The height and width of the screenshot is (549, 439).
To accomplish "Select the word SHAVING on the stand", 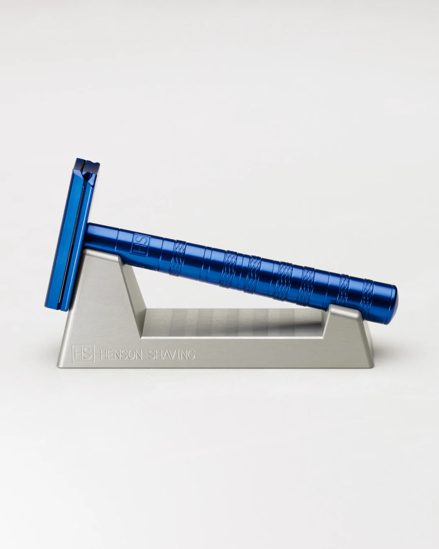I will [x=171, y=355].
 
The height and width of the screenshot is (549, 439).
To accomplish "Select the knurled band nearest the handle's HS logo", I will [x=180, y=255].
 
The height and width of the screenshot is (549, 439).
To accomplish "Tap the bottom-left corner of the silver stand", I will [x=59, y=367].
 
